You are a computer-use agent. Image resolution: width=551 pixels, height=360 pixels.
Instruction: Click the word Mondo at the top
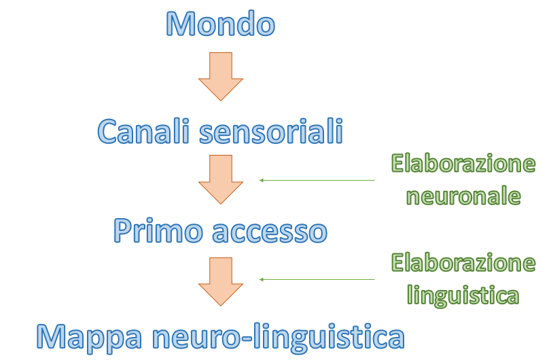(221, 24)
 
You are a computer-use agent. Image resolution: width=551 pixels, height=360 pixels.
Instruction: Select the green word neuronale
(463, 196)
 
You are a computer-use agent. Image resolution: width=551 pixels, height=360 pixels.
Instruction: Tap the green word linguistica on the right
(463, 295)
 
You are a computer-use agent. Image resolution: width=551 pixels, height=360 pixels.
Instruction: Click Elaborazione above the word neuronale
(463, 164)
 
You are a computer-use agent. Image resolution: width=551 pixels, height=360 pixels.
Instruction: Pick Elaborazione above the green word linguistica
(463, 263)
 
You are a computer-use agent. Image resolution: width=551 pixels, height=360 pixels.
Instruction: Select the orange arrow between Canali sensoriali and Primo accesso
(221, 179)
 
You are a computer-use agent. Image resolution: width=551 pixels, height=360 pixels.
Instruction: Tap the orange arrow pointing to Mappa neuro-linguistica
(221, 281)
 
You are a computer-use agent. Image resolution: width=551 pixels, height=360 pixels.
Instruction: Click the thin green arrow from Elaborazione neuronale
(317, 180)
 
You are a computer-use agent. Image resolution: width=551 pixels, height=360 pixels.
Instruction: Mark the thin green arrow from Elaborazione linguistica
(317, 279)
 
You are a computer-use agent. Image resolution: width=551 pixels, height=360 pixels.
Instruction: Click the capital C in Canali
(109, 131)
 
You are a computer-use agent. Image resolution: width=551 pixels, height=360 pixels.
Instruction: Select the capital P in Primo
(122, 232)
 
